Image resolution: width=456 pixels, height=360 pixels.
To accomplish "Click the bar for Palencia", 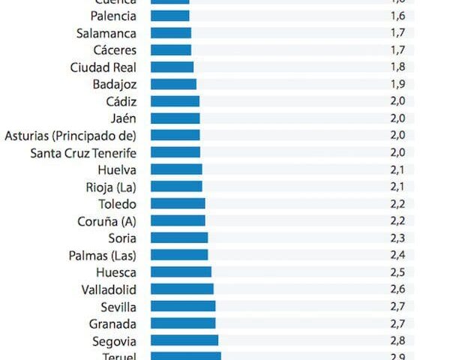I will click(x=170, y=16).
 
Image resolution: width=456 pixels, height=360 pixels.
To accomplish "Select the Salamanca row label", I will click(x=106, y=33).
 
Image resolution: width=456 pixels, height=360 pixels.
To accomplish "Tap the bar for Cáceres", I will click(x=171, y=50).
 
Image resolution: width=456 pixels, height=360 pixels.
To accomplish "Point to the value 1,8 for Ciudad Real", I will click(x=397, y=67).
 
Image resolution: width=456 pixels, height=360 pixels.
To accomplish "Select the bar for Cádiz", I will click(x=175, y=101).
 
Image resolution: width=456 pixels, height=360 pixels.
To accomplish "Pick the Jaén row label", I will click(x=123, y=118).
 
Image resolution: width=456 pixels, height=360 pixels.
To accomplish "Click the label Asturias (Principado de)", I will click(x=70, y=135).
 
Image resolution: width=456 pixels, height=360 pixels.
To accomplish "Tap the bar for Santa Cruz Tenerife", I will click(x=175, y=152).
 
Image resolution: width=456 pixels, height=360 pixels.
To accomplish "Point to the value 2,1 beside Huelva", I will click(x=397, y=169).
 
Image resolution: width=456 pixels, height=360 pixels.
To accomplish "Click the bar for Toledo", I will click(x=178, y=203).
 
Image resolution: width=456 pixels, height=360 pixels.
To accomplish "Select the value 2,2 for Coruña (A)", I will click(x=397, y=220).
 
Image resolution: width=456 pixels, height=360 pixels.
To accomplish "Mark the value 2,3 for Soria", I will click(x=397, y=238).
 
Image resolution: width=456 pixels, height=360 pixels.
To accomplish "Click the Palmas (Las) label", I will click(x=103, y=255).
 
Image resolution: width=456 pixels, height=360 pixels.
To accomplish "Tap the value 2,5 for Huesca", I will click(x=397, y=271).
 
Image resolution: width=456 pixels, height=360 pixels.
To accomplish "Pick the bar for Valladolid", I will click(x=182, y=289).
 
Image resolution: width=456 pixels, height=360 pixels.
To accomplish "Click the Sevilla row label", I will click(x=118, y=306).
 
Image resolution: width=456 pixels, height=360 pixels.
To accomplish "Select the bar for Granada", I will click(x=183, y=323).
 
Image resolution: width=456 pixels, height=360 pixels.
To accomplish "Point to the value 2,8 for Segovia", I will click(x=397, y=340).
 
